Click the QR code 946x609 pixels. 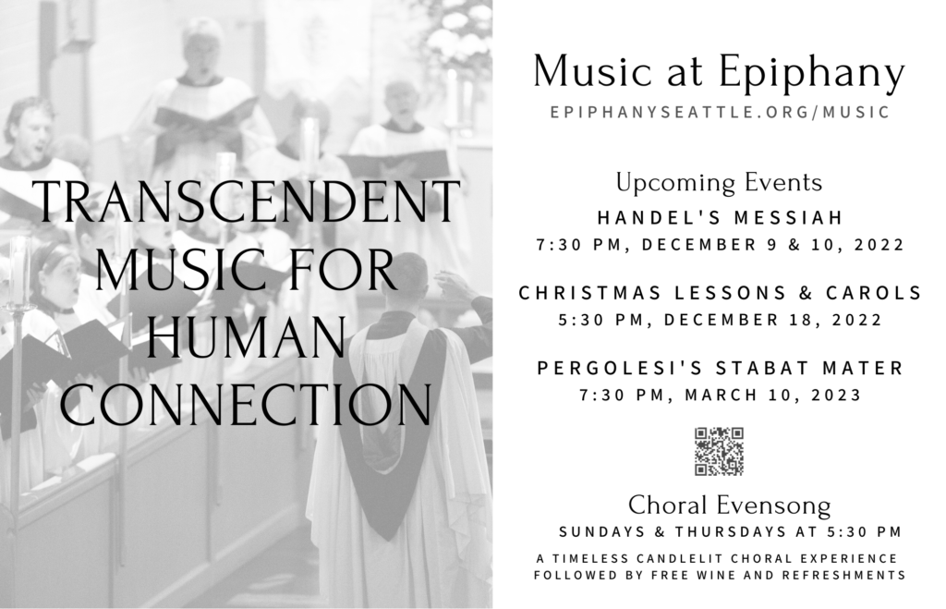point(719,452)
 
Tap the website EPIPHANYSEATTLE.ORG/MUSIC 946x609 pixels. point(720,112)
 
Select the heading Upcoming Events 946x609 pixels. point(719,183)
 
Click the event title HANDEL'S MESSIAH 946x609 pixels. point(720,217)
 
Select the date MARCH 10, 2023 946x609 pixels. point(773,395)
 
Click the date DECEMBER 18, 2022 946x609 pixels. point(773,320)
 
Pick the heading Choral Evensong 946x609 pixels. point(730,505)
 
